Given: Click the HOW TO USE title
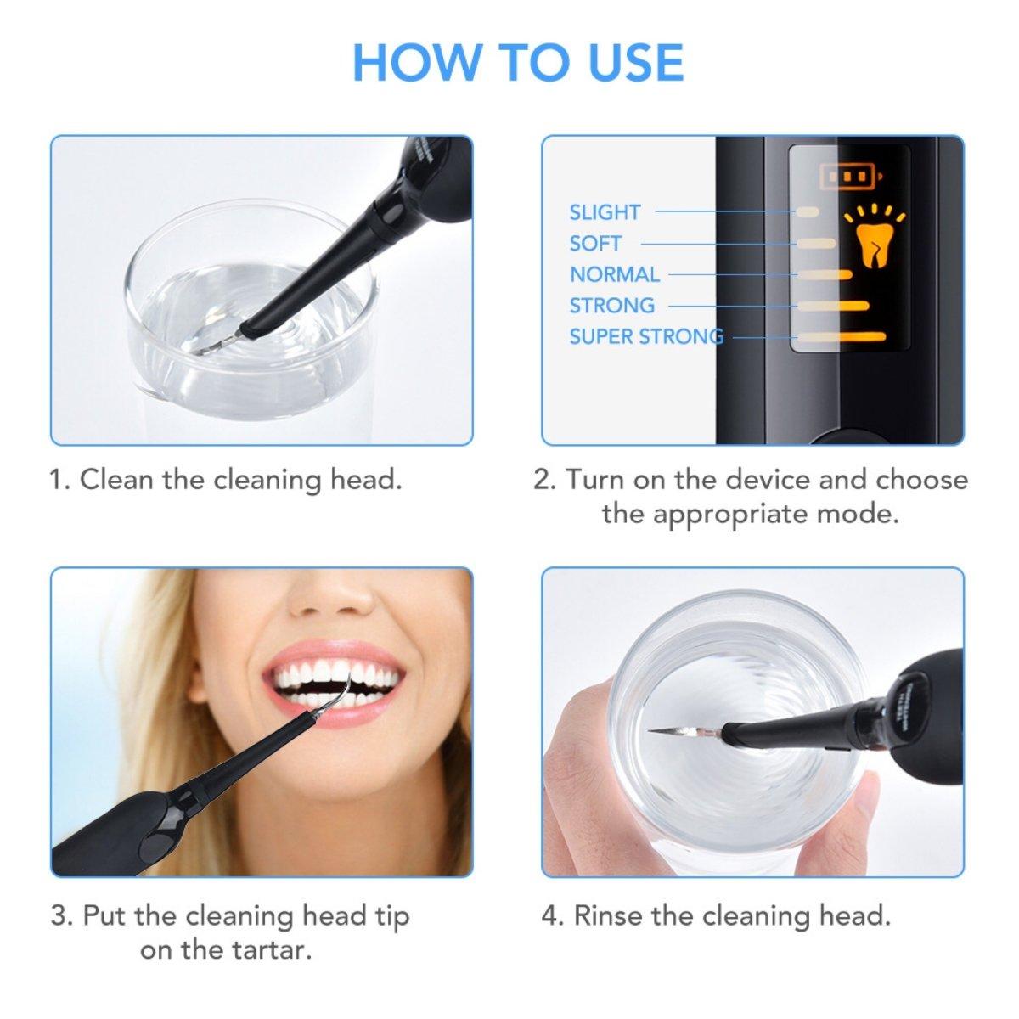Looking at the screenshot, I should [x=517, y=62].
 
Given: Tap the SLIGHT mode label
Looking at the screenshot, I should [x=605, y=212].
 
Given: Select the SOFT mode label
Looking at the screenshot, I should [x=595, y=244].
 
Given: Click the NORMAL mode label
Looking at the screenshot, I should [x=614, y=274].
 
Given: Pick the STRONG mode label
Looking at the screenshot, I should [x=611, y=305].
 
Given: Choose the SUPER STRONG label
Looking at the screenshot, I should [x=646, y=336].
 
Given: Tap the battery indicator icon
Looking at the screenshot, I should [x=850, y=176].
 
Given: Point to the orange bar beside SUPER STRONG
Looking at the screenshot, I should [x=842, y=337].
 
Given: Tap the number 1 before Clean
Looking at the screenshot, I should [x=58, y=480].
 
